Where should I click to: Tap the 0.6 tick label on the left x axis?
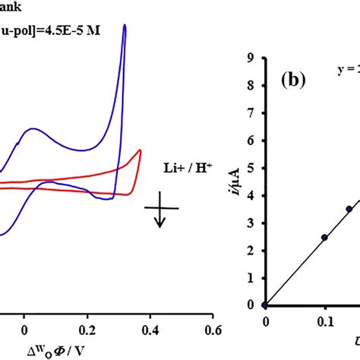[x=213, y=330]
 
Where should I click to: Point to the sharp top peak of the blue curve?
[x=125, y=26]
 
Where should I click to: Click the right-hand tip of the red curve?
[x=141, y=151]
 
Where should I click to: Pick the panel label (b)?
[x=292, y=79]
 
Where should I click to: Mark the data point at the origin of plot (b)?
[x=264, y=305]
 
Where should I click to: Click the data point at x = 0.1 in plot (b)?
[x=324, y=237]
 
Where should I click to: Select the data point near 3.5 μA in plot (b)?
[x=349, y=209]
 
